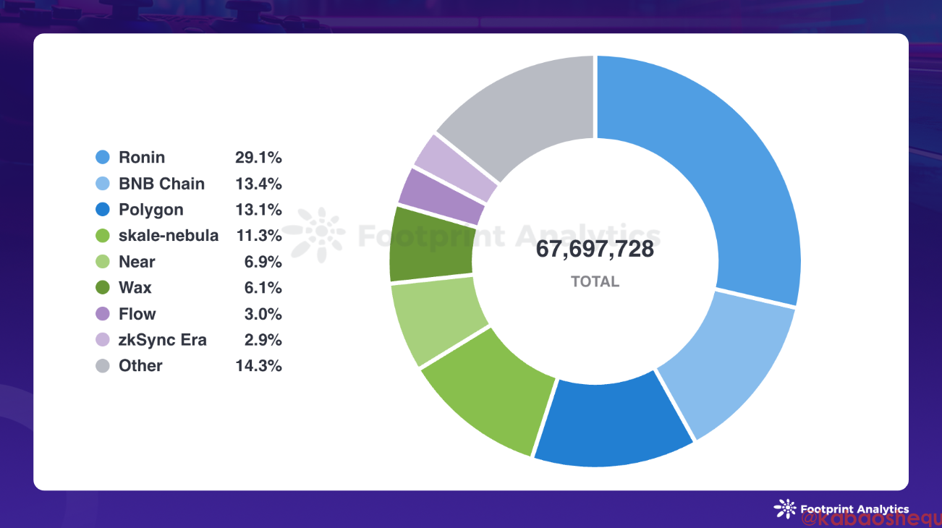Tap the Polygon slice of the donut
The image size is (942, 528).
[611, 423]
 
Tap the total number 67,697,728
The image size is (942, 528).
[595, 250]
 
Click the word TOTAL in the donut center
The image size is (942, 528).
[595, 282]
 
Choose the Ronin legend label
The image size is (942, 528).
[142, 158]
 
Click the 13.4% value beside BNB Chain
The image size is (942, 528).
[258, 184]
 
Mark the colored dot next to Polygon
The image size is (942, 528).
[103, 210]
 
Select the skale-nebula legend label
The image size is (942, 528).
[169, 236]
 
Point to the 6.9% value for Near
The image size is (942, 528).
[263, 262]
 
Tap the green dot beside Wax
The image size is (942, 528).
[103, 288]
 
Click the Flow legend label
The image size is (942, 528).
[137, 314]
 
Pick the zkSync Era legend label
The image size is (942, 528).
[163, 340]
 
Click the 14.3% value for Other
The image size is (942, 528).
[258, 366]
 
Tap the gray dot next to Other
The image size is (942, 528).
[103, 366]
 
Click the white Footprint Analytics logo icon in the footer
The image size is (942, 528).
[784, 508]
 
